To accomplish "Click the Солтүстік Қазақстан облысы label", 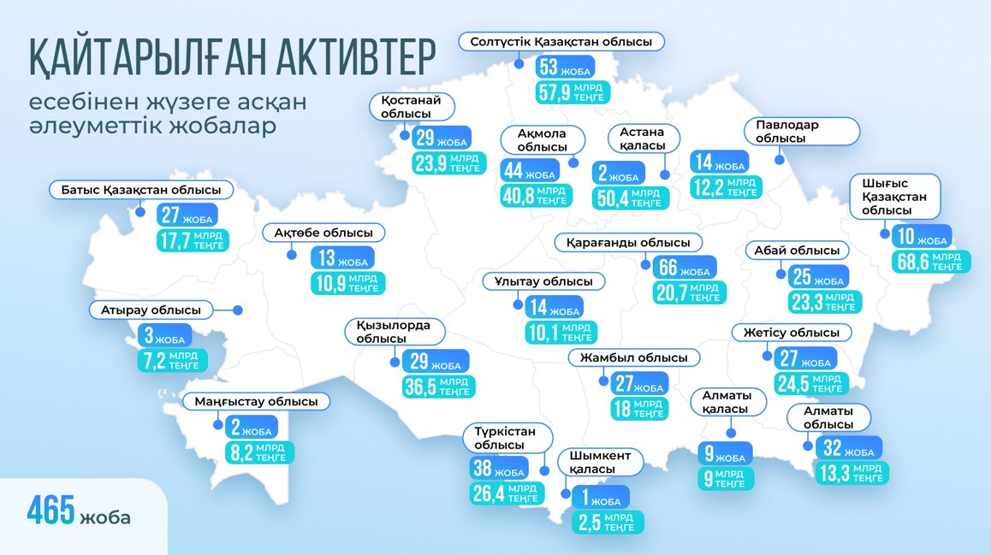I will coord(561,41).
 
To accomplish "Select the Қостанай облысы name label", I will coord(412,107).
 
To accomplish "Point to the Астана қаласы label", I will coord(643,139).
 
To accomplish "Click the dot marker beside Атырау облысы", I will coord(238,310).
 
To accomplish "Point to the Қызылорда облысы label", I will coord(394,332).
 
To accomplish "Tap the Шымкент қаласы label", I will coord(600,463).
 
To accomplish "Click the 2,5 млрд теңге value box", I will coord(606,523).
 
